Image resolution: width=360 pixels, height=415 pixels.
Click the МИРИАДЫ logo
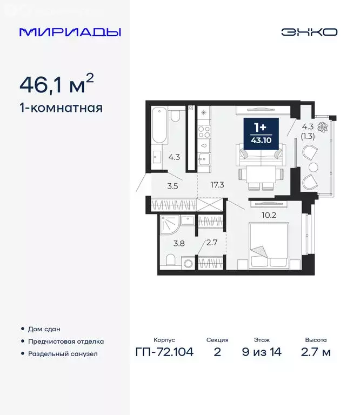[70, 32]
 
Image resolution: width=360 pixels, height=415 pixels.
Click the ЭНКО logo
[309, 32]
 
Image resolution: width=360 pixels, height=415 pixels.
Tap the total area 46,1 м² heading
[57, 84]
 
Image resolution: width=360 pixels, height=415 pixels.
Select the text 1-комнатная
[61, 107]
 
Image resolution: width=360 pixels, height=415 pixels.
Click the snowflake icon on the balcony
[324, 128]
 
